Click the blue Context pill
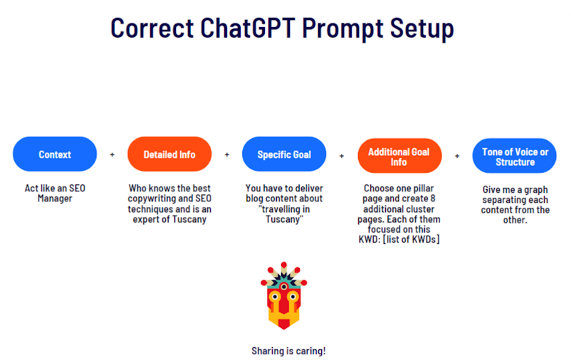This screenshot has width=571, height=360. (x=55, y=154)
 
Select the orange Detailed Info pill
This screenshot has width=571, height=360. (x=169, y=154)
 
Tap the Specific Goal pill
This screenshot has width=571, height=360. (x=284, y=154)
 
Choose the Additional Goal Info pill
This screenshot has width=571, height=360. (x=399, y=156)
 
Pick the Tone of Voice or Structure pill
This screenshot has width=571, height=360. (x=515, y=156)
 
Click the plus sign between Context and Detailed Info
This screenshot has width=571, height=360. (x=112, y=154)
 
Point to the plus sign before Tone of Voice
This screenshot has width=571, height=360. (x=457, y=156)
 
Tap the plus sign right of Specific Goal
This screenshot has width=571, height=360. (x=342, y=156)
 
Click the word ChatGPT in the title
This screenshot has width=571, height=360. (x=248, y=28)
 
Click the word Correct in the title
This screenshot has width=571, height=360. (x=152, y=28)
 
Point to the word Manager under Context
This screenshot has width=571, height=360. (x=55, y=198)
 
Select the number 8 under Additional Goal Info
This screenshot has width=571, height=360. (x=433, y=198)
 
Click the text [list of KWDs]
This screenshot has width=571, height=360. (x=412, y=240)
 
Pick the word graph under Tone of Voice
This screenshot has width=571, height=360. (x=535, y=190)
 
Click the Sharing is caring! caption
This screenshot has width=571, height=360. (x=288, y=351)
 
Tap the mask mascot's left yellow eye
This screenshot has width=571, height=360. (x=275, y=297)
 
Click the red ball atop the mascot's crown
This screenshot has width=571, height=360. (x=284, y=265)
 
